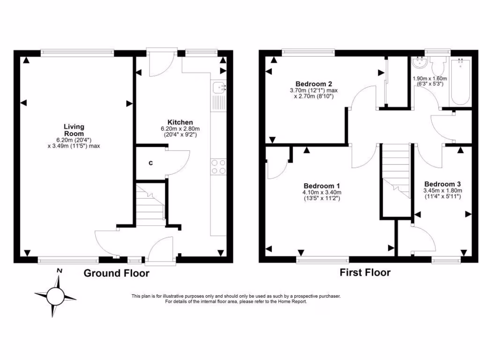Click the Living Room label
(74, 130)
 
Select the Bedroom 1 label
(322, 185)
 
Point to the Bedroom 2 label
(307, 84)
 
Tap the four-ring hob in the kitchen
(219, 166)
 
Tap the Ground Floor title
(116, 273)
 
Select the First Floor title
(365, 272)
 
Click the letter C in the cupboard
(150, 163)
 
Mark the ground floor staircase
(150, 204)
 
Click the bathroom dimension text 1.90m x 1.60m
(429, 79)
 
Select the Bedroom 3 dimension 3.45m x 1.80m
(442, 191)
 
